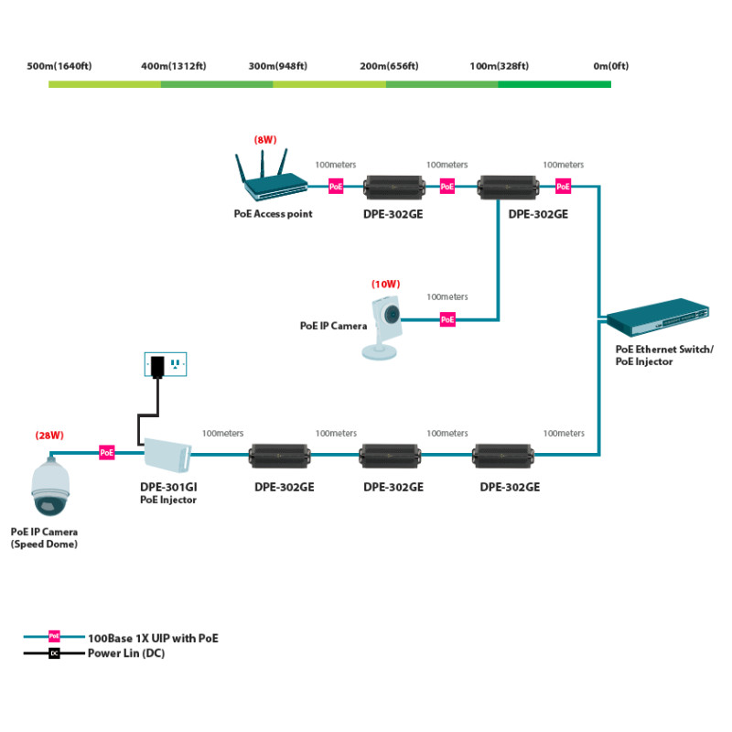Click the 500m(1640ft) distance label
coord(59,66)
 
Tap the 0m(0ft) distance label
coord(611,66)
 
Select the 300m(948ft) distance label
coord(278,66)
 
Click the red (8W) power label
coord(265,140)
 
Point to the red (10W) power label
coord(385,284)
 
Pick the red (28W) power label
coord(49,436)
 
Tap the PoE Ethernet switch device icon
coord(658,317)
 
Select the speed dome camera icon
coord(50,486)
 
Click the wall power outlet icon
coord(166,364)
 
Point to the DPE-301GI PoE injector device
coord(167,455)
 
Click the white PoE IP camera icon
coord(382,328)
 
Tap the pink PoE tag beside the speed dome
coord(107,452)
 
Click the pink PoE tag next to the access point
coord(336,187)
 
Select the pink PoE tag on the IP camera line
coord(447,319)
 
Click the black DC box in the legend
coord(54,653)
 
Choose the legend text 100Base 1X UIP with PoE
coord(153,638)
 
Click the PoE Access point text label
coord(273,214)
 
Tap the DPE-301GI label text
coord(168,487)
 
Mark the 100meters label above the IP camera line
coord(447,296)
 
